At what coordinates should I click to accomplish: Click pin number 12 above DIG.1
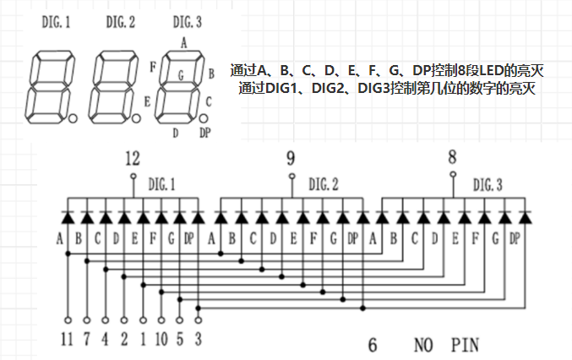pyautogui.click(x=133, y=159)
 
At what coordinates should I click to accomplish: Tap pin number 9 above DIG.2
pyautogui.click(x=291, y=158)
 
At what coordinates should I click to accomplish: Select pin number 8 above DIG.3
pyautogui.click(x=452, y=157)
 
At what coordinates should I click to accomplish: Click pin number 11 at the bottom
pyautogui.click(x=67, y=339)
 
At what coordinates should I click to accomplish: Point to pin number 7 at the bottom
pyautogui.click(x=86, y=339)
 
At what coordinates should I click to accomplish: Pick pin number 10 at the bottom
pyautogui.click(x=161, y=339)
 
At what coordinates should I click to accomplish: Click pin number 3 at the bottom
pyautogui.click(x=198, y=339)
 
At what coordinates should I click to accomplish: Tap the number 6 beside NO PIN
pyautogui.click(x=373, y=345)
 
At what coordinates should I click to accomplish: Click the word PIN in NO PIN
pyautogui.click(x=465, y=345)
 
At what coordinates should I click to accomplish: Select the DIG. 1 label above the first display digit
pyautogui.click(x=56, y=22)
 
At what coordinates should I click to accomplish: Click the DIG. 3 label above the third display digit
pyautogui.click(x=187, y=22)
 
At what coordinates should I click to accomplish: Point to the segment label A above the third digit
pyautogui.click(x=184, y=43)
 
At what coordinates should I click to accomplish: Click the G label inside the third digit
pyautogui.click(x=181, y=75)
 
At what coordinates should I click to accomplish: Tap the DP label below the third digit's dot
pyautogui.click(x=205, y=133)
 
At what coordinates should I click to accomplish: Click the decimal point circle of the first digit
pyautogui.click(x=73, y=118)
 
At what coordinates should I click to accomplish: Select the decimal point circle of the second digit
pyautogui.click(x=136, y=118)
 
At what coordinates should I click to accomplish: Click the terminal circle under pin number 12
pyautogui.click(x=133, y=176)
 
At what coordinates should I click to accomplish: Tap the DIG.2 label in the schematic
pyautogui.click(x=324, y=184)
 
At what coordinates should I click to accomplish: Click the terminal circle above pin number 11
pyautogui.click(x=68, y=320)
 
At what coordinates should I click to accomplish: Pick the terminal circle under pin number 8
pyautogui.click(x=453, y=174)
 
